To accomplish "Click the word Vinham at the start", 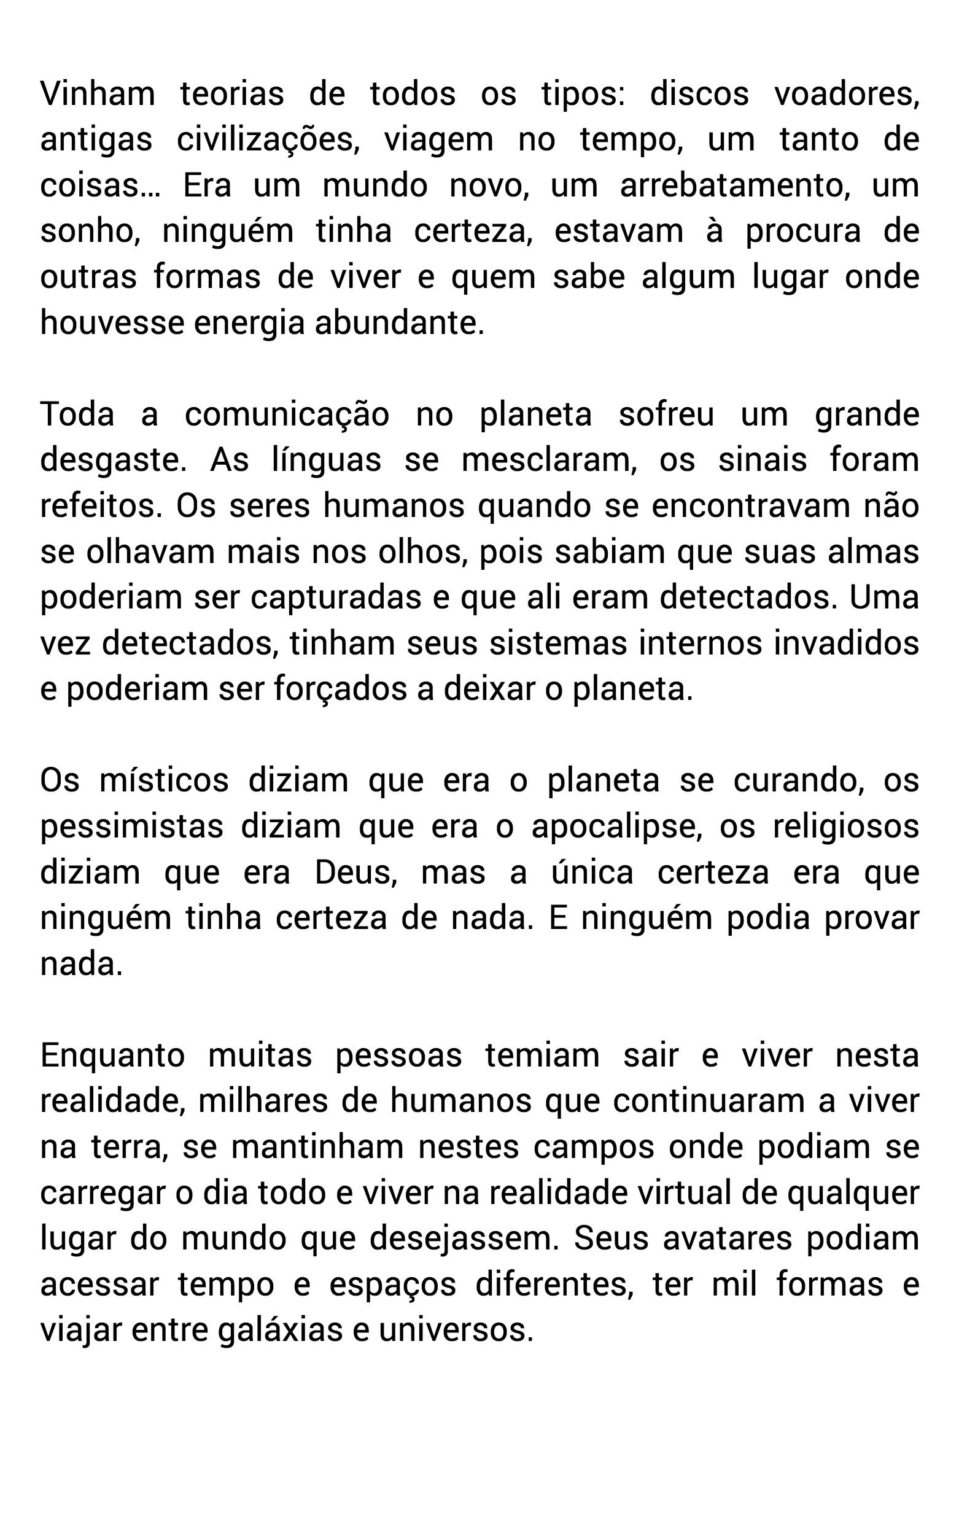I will click(x=98, y=94).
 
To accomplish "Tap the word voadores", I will click(x=846, y=94).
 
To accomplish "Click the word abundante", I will click(x=399, y=323).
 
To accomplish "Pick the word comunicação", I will click(x=287, y=415).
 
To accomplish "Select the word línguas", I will click(x=326, y=460).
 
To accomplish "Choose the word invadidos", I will click(x=846, y=643).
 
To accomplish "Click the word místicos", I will click(x=164, y=781).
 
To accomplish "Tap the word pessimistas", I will click(x=132, y=826).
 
